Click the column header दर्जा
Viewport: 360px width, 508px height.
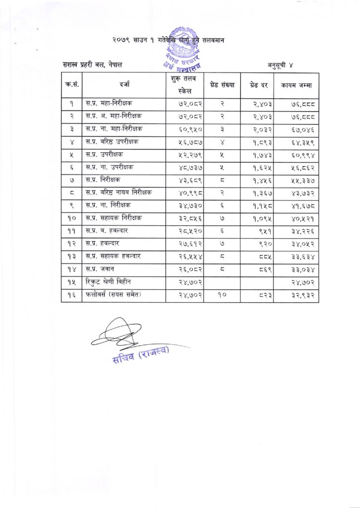click(124, 85)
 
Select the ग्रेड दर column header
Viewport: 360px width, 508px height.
click(258, 85)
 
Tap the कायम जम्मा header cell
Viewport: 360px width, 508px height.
click(296, 85)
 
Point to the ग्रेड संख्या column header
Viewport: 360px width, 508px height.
click(222, 85)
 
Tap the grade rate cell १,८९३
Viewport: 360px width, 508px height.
click(258, 141)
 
